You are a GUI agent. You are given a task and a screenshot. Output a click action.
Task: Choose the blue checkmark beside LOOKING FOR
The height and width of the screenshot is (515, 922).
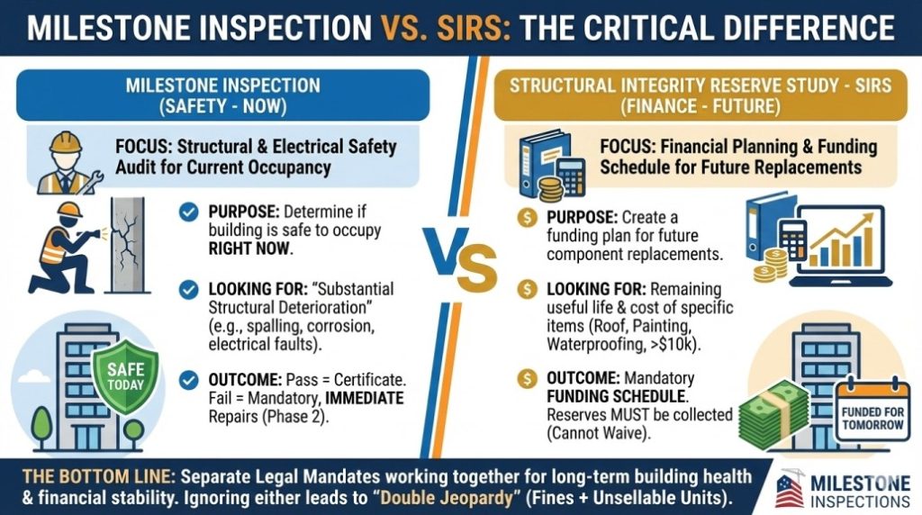click(x=189, y=289)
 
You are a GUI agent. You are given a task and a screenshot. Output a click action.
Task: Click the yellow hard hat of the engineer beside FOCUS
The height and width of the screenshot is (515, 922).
click(x=64, y=141)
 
